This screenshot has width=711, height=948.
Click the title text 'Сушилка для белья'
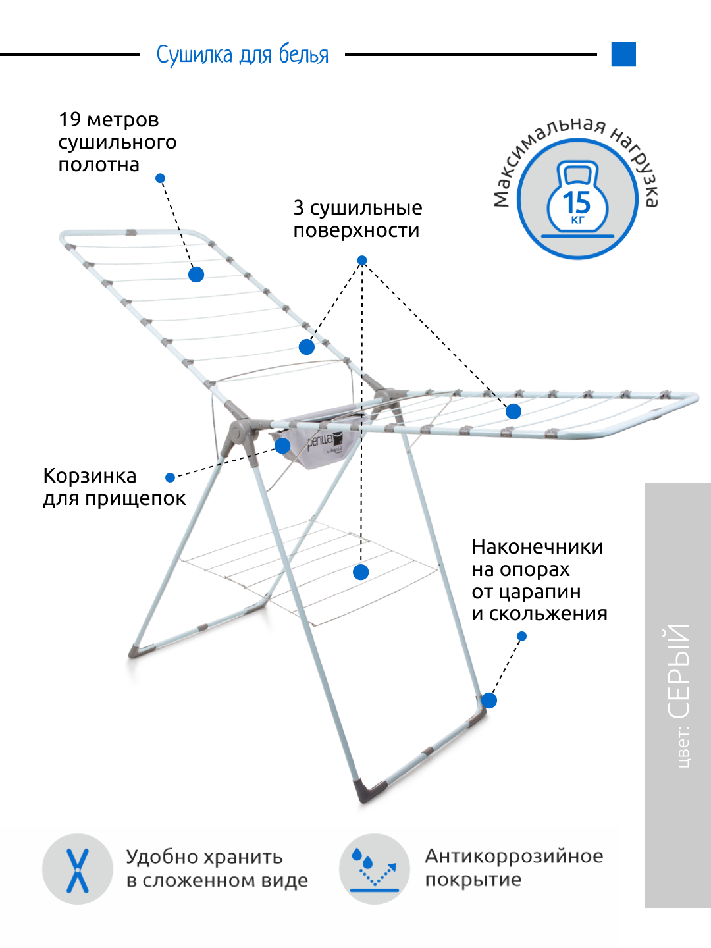coord(242,55)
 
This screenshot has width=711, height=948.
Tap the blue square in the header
coord(623,55)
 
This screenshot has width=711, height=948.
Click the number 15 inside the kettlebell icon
coord(577,201)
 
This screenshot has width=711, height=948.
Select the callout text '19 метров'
coord(109,120)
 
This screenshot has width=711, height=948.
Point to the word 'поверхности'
coord(356,230)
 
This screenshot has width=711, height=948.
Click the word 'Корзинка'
coord(90,476)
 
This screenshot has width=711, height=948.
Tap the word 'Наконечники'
coord(537,547)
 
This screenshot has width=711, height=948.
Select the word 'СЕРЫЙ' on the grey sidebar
coord(679,671)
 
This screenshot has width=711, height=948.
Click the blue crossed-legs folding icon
coord(78,869)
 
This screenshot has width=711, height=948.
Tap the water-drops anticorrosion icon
coord(375,869)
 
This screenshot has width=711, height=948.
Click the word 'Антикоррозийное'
coord(513,856)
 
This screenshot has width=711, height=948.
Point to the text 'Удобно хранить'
coord(204,856)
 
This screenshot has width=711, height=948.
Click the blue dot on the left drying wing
coord(196,275)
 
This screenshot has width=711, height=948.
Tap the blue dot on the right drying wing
coord(513,411)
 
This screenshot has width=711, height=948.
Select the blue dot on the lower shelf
coord(361,572)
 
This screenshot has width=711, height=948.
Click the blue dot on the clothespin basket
coord(283,446)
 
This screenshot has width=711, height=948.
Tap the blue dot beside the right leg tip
coord(489,700)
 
